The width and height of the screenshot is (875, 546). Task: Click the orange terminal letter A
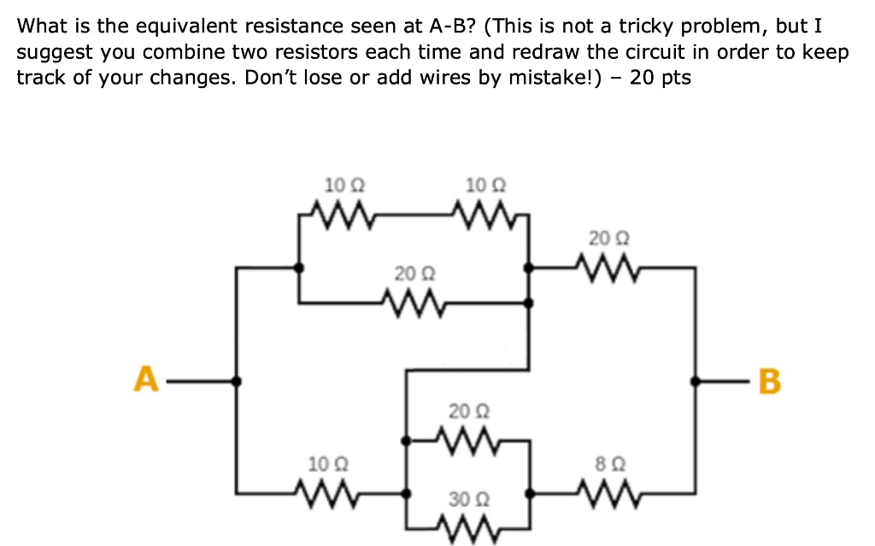coord(146,379)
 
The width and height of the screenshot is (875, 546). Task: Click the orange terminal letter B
coord(769,381)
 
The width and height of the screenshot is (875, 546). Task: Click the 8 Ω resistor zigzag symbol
coord(614,492)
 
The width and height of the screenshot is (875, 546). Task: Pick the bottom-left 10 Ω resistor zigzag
coord(325,492)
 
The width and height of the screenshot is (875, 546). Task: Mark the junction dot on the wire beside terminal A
coord(237,381)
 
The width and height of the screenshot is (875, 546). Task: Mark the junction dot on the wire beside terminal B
coord(696,381)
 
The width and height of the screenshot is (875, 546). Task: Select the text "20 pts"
coord(660,78)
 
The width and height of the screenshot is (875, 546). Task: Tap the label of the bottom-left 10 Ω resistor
coord(325,464)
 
